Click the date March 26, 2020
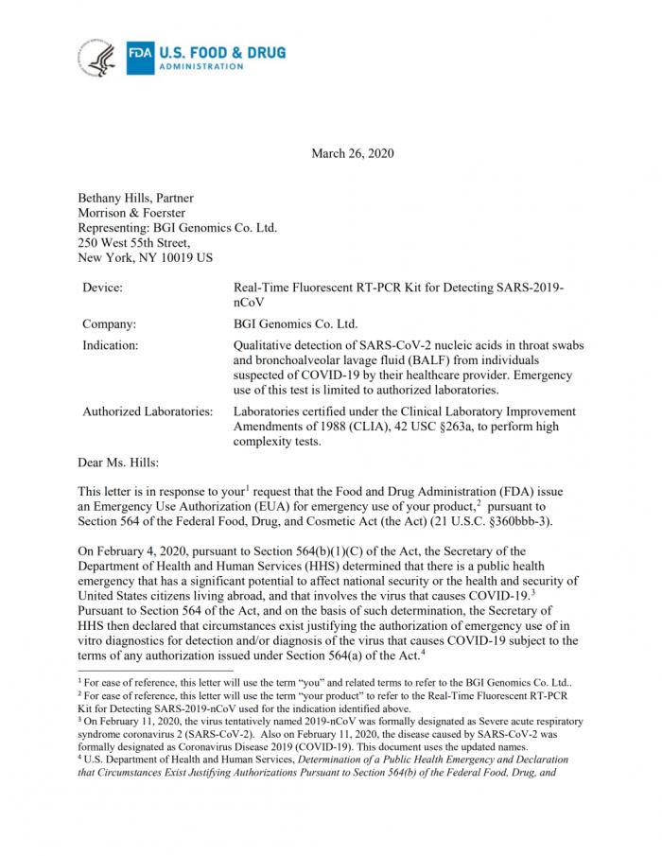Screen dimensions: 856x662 [x=352, y=153]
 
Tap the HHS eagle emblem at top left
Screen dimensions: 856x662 [x=98, y=59]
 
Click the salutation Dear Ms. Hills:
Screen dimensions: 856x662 [x=119, y=463]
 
